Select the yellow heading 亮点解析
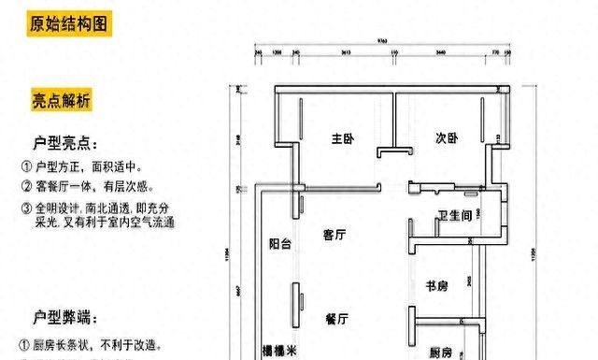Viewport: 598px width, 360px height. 61,100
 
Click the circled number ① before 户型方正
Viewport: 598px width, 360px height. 25,167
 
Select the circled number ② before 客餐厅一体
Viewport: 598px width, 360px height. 25,188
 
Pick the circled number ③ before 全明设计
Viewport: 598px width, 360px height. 25,208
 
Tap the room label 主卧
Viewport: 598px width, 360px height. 341,139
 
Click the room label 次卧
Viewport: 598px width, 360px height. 446,139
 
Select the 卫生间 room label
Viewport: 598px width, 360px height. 454,217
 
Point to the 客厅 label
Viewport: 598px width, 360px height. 335,236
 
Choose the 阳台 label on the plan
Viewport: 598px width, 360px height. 279,245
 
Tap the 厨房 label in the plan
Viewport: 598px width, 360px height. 441,353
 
